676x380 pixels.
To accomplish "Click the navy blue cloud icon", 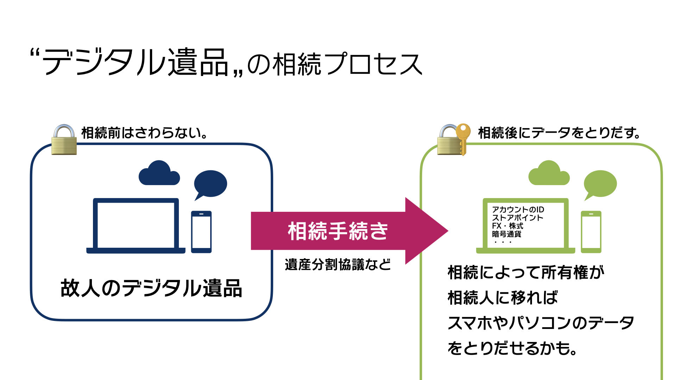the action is tap(159, 174).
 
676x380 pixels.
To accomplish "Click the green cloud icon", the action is tap(549, 174).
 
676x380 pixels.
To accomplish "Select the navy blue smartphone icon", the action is tap(201, 232).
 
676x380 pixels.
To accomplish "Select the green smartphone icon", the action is tap(591, 232).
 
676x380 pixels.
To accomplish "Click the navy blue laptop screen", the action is tap(136, 225).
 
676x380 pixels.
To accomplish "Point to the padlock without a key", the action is tap(64, 140).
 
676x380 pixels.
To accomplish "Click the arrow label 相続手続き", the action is tap(338, 231).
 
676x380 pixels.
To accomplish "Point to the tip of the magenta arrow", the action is tap(448, 231).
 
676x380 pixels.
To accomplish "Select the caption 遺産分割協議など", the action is tap(338, 265).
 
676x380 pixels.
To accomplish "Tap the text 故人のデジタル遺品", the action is tap(151, 289).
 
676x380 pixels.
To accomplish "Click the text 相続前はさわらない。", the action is tap(145, 133).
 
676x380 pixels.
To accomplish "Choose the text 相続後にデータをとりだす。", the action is tap(559, 133).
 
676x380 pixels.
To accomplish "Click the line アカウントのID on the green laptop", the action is tap(518, 210).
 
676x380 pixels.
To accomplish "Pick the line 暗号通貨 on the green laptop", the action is tap(507, 234).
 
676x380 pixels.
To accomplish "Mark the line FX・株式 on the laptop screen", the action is tap(508, 226).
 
